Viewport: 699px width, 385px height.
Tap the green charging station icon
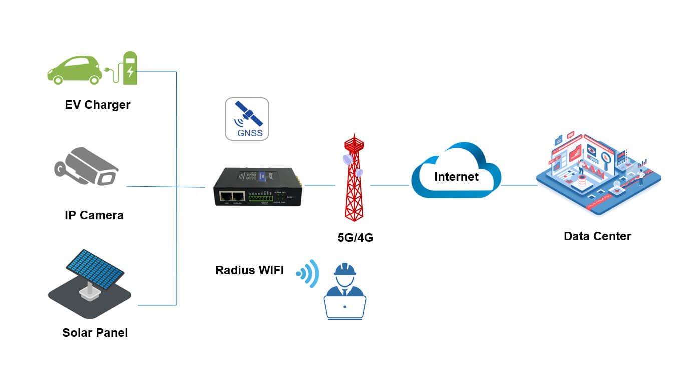tap(130, 68)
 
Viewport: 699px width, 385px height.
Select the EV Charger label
tap(98, 105)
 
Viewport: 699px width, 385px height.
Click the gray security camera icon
tap(86, 167)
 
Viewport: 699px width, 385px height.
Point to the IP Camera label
tap(94, 215)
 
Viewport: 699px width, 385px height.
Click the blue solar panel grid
tap(95, 267)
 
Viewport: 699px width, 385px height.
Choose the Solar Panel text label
tap(95, 332)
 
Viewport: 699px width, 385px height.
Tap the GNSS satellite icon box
tap(247, 119)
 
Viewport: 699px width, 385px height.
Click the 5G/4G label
tap(355, 238)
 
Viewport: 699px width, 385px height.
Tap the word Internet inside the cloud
tap(456, 177)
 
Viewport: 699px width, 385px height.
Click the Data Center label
tap(597, 236)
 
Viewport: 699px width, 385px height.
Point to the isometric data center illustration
tap(598, 173)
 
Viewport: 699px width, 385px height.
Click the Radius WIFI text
tap(249, 270)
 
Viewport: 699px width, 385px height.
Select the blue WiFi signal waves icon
tap(309, 273)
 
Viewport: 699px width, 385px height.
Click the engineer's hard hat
tap(345, 269)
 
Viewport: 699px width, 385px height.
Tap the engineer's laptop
tap(345, 307)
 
